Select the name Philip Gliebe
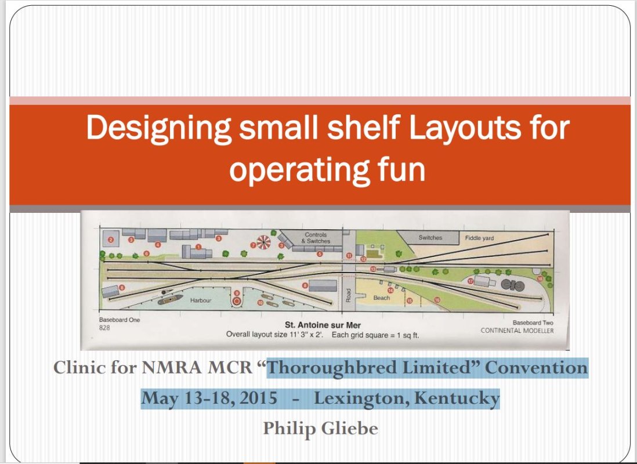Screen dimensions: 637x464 point(321,429)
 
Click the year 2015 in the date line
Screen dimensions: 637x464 point(258,398)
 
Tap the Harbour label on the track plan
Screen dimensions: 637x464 point(201,300)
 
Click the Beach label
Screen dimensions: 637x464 point(382,298)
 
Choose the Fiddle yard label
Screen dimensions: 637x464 point(479,238)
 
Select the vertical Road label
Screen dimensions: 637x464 point(348,295)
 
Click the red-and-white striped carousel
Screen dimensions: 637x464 point(263,242)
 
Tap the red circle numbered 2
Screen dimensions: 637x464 point(111,240)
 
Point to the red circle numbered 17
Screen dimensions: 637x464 point(470,281)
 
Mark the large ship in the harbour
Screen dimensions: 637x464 point(170,300)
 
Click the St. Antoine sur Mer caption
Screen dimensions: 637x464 point(323,325)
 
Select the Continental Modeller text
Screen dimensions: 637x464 point(517,331)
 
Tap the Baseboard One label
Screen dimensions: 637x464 point(120,320)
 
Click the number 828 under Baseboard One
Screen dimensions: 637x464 point(104,328)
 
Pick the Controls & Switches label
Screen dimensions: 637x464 point(316,238)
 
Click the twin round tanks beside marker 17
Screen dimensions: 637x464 point(513,285)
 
